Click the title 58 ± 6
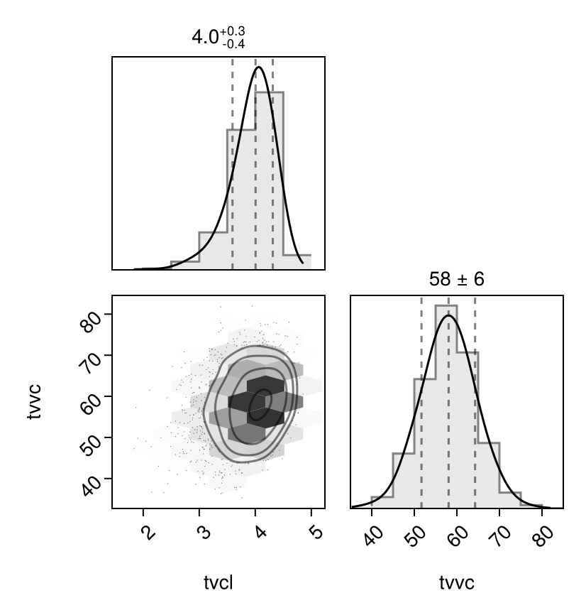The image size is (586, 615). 456,280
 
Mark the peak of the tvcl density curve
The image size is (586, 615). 260,67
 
